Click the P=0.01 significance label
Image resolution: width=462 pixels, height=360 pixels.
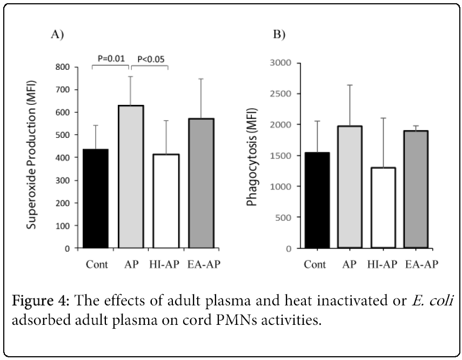(x=111, y=58)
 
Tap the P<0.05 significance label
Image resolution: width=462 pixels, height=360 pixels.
(x=150, y=58)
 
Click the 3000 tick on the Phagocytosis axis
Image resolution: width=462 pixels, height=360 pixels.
(x=280, y=63)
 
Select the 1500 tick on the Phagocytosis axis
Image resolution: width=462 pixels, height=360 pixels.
(x=280, y=156)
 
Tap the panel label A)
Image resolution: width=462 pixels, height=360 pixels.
(x=57, y=35)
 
